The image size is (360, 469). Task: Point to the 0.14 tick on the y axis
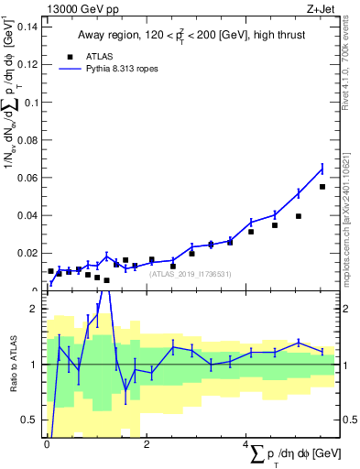pyautogui.click(x=27, y=27)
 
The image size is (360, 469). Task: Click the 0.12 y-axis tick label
pyautogui.click(x=27, y=64)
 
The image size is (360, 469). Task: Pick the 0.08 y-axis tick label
pyautogui.click(x=27, y=139)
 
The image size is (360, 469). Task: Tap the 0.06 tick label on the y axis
pyautogui.click(x=27, y=177)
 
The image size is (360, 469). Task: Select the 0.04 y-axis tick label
pyautogui.click(x=27, y=214)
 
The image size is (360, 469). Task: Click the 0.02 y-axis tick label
pyautogui.click(x=27, y=253)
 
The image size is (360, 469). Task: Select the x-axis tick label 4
pyautogui.click(x=246, y=444)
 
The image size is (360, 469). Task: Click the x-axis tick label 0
pyautogui.click(x=47, y=444)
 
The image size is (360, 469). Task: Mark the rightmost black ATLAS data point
pyautogui.click(x=322, y=187)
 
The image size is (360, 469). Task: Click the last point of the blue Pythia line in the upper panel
pyautogui.click(x=322, y=169)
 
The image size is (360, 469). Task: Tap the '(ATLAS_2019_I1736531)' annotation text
pyautogui.click(x=189, y=273)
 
